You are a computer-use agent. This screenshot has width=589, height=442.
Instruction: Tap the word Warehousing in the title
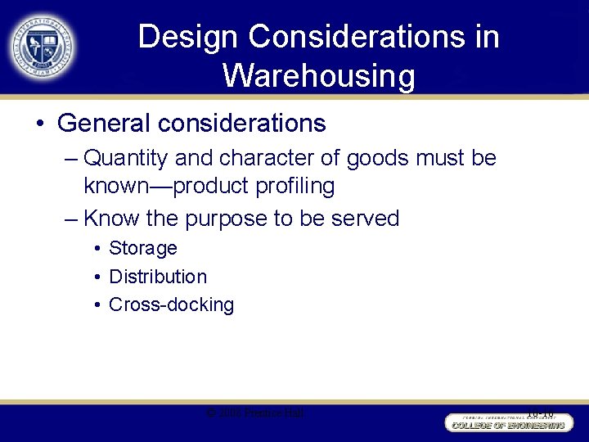pyautogui.click(x=318, y=76)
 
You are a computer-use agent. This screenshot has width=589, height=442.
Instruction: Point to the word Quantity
pyautogui.click(x=123, y=157)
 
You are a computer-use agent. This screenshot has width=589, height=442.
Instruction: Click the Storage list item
pyautogui.click(x=143, y=248)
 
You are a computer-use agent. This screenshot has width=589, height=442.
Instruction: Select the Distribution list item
pyautogui.click(x=158, y=277)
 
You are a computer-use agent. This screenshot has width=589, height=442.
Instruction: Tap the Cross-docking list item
pyautogui.click(x=171, y=305)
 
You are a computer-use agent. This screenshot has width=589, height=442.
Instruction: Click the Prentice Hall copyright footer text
pyautogui.click(x=255, y=413)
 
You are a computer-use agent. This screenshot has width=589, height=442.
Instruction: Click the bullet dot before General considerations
pyautogui.click(x=40, y=124)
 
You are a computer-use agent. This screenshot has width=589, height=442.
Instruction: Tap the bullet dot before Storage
pyautogui.click(x=97, y=249)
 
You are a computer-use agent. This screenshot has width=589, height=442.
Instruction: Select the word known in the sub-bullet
pyautogui.click(x=110, y=187)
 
